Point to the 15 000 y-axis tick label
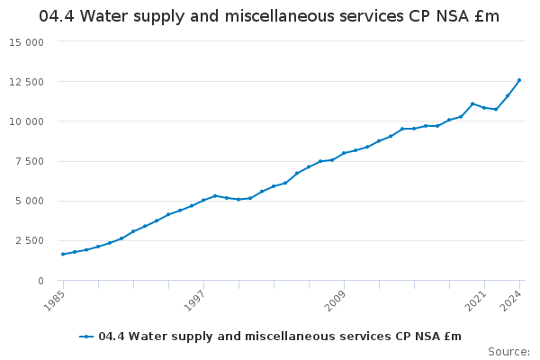point(27,42)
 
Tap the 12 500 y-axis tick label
point(27,82)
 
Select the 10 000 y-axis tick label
point(27,121)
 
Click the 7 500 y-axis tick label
point(30,162)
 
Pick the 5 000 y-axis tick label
point(30,202)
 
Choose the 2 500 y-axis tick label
point(30,241)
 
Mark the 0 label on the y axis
point(40,281)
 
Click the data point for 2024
point(519,80)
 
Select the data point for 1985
point(63,254)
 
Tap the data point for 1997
point(203,200)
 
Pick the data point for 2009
point(344,153)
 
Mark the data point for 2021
point(484,108)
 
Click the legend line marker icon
point(86,337)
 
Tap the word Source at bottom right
point(508,351)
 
